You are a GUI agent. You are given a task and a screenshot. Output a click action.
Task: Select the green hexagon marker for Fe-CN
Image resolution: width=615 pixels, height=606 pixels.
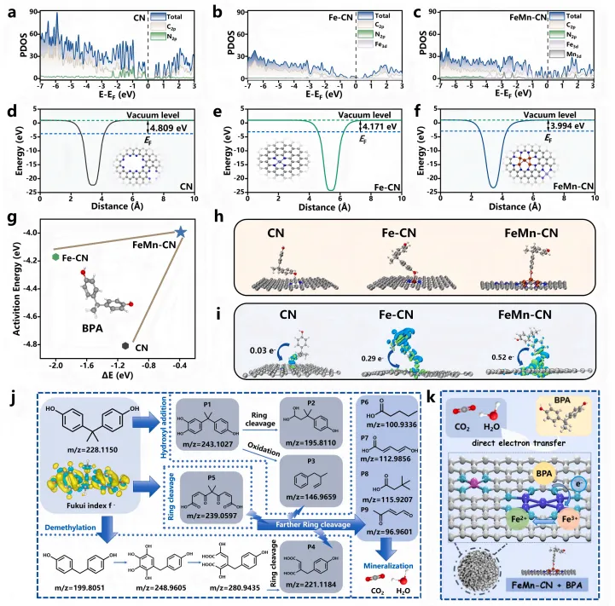pos(55,256)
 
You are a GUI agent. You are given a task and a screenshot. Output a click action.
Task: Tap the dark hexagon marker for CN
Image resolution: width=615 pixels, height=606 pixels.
pos(126,346)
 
